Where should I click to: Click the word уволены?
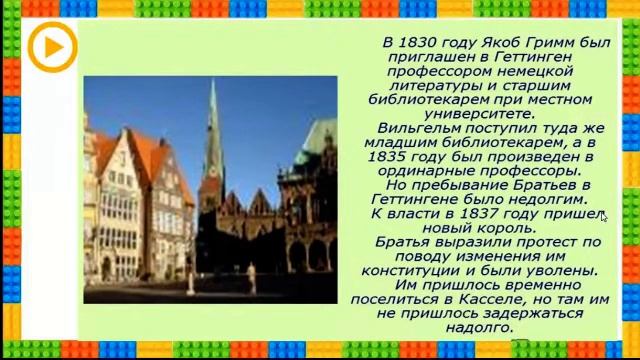(563, 271)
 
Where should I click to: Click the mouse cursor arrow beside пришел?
(603, 216)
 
